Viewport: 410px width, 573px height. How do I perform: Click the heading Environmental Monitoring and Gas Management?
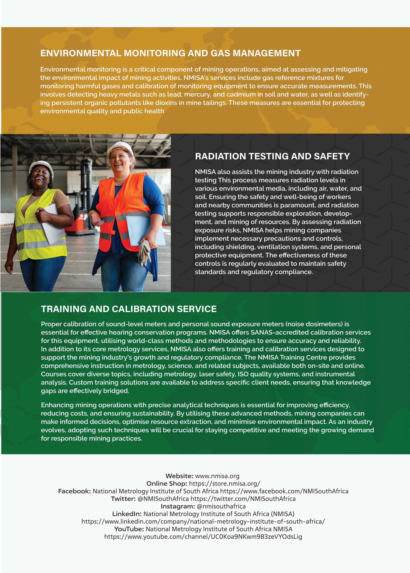tap(170, 53)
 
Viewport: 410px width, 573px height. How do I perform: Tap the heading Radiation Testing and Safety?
tap(272, 156)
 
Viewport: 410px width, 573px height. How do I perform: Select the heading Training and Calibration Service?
tap(129, 309)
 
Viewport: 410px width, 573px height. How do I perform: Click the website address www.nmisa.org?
tap(217, 476)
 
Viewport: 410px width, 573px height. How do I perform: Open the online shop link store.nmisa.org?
tap(224, 484)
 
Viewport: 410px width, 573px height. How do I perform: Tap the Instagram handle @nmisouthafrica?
tap(221, 506)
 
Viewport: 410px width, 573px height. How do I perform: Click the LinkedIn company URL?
tap(203, 521)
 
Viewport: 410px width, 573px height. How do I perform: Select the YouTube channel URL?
tap(203, 537)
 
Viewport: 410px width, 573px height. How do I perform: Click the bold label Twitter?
tap(123, 499)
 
